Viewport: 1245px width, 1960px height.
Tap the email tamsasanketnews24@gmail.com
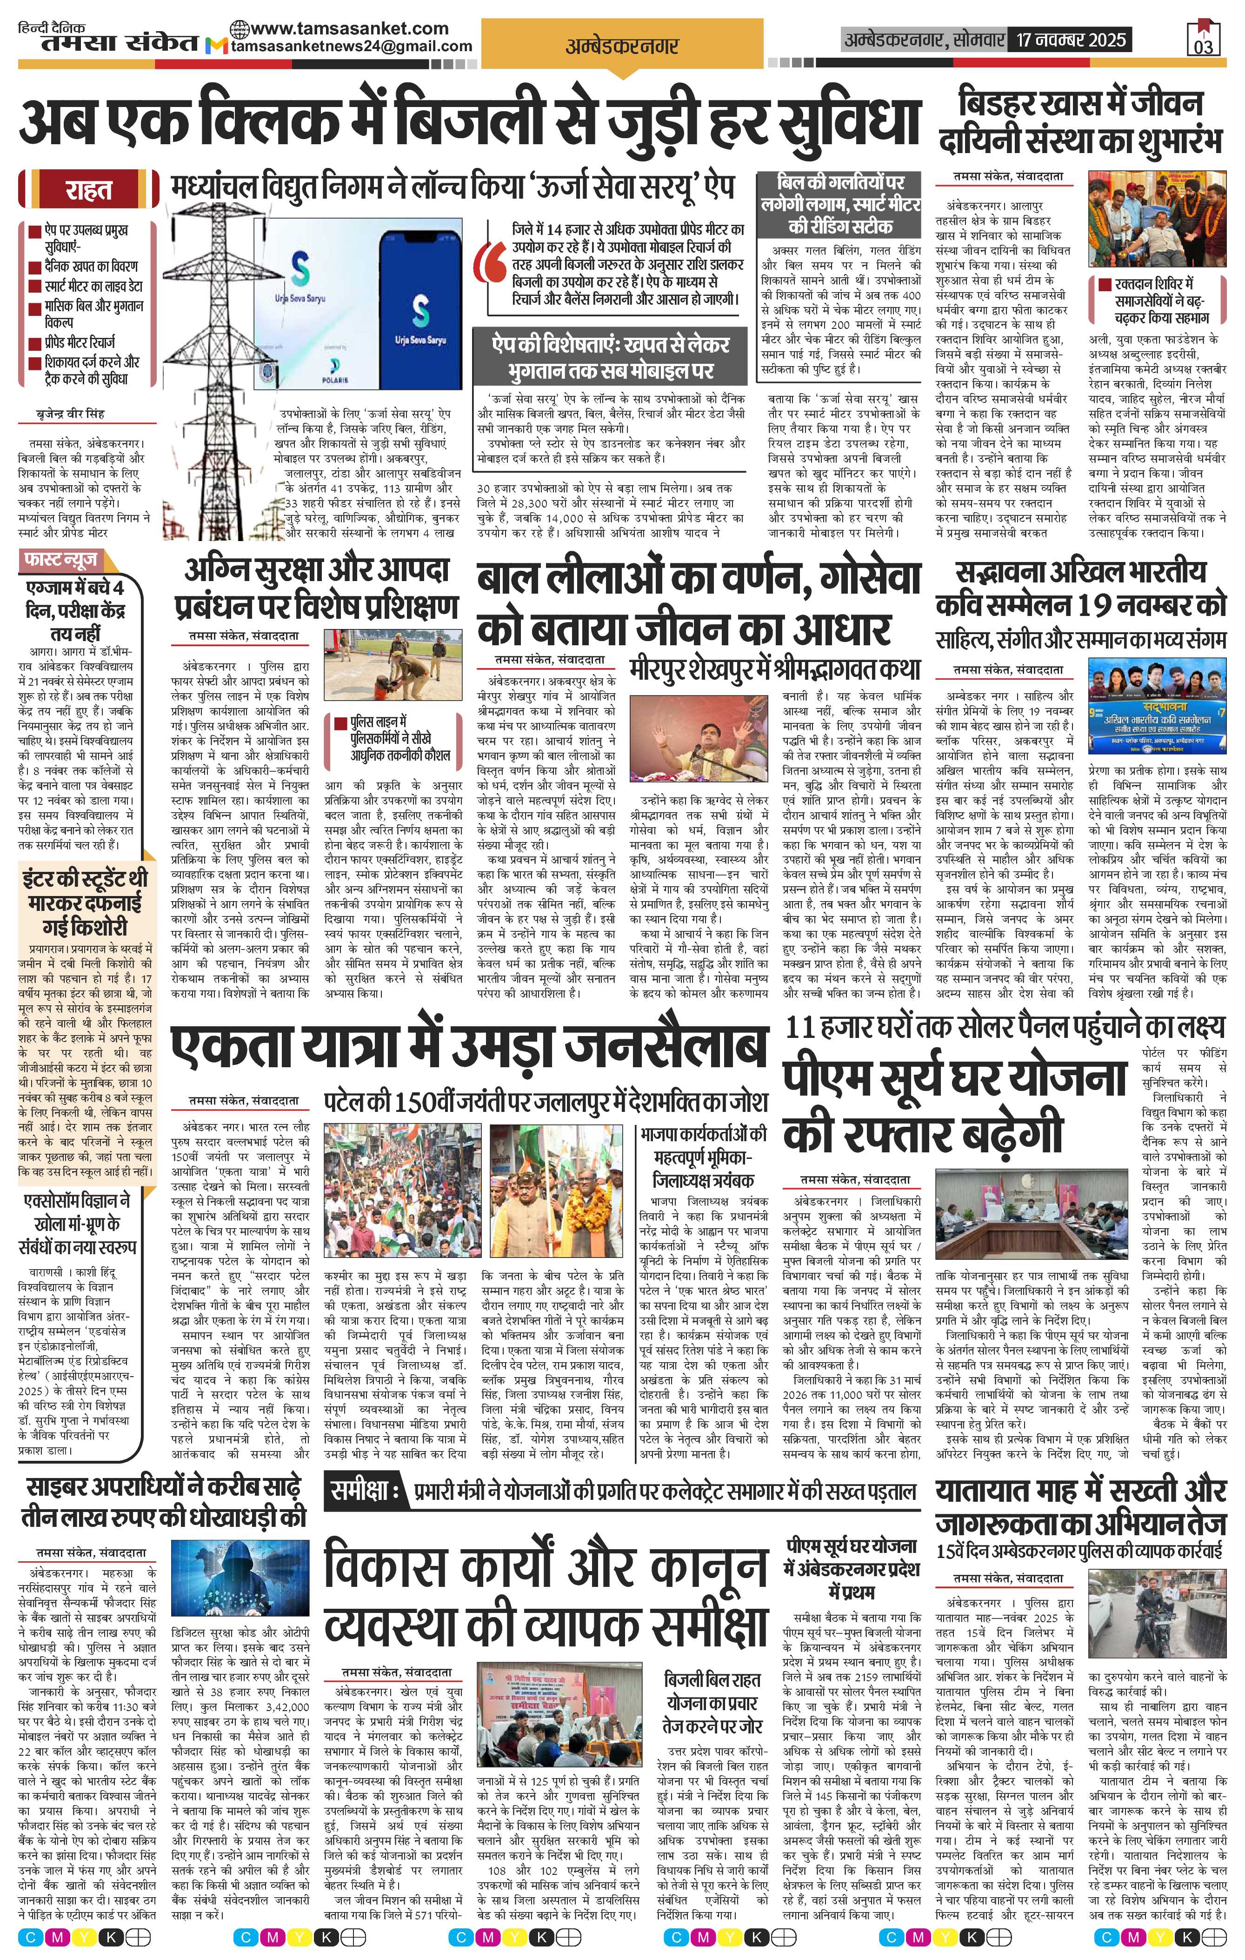click(x=352, y=47)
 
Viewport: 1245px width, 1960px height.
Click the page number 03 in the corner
click(x=1203, y=47)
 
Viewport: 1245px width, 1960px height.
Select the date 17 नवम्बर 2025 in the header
click(x=1068, y=39)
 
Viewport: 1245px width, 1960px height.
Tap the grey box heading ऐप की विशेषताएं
click(x=610, y=356)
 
